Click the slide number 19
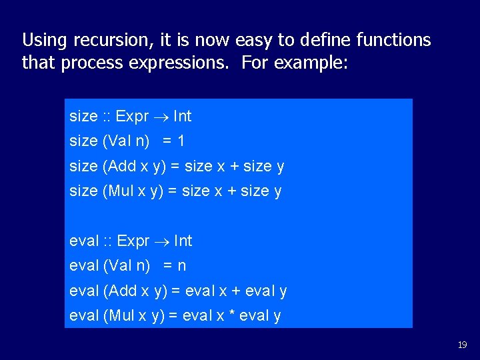[462, 345]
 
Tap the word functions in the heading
[393, 41]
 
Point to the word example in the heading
[313, 64]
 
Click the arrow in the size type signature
[162, 117]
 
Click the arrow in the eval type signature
[163, 241]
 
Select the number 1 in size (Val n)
[181, 141]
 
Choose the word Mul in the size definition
[120, 191]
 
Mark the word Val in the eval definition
[119, 266]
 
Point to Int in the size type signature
[182, 117]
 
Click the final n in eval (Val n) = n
[181, 266]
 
